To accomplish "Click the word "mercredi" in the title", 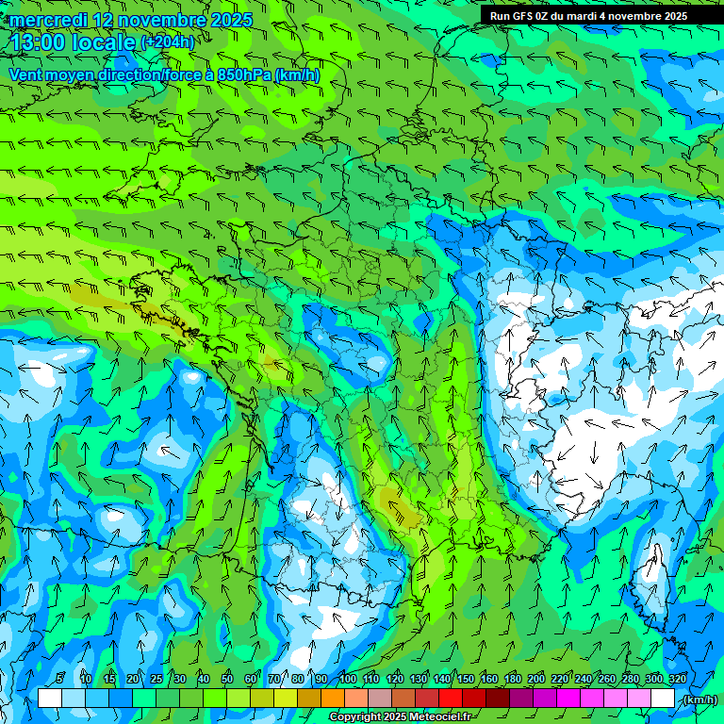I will click(x=48, y=20).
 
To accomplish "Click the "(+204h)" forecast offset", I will click(x=168, y=42).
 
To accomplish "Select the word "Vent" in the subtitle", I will click(x=26, y=74).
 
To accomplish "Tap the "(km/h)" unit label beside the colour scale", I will click(x=699, y=699).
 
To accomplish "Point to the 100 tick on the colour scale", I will click(x=347, y=679).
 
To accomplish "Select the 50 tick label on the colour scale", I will click(x=227, y=679).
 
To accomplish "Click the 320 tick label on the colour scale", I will click(x=676, y=679).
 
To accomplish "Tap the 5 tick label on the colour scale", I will click(x=60, y=679).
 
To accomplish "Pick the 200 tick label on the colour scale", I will click(x=535, y=679).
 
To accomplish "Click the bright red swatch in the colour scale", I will click(x=452, y=699).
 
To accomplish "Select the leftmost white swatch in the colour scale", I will click(x=50, y=699).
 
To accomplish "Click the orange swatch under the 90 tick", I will click(x=334, y=699).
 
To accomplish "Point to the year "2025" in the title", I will click(x=231, y=20).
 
